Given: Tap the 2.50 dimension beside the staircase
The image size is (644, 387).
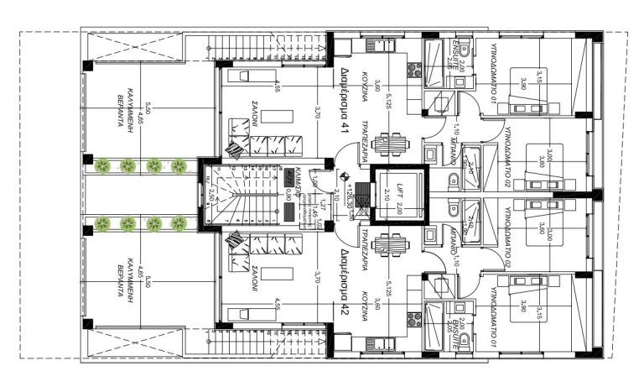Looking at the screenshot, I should (x=214, y=194).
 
